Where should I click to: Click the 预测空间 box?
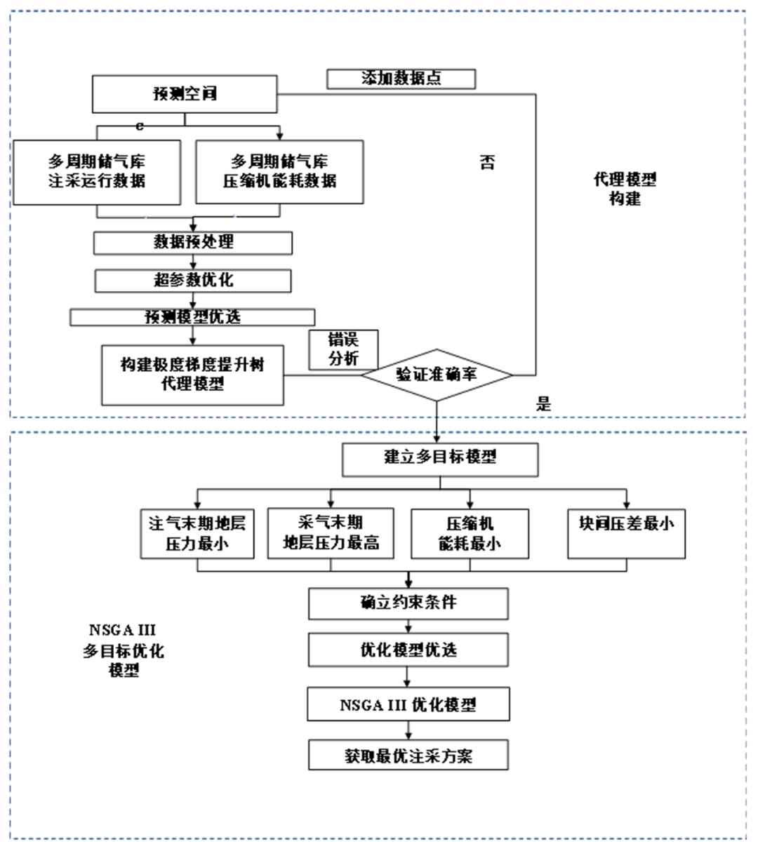click(x=185, y=94)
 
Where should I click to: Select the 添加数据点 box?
click(x=401, y=79)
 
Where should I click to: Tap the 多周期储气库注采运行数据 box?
click(x=97, y=172)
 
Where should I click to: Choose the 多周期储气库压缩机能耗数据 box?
click(x=279, y=172)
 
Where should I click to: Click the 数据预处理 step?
click(x=193, y=243)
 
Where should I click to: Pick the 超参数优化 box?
click(x=193, y=281)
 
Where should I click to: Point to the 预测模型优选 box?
click(x=192, y=317)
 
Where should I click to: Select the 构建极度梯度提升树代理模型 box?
click(x=192, y=375)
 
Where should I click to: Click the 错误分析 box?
click(x=343, y=349)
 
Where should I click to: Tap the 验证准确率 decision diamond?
click(x=437, y=375)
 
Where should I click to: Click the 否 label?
click(x=486, y=163)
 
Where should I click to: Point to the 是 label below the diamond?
click(x=544, y=404)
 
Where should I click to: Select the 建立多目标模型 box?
click(x=439, y=458)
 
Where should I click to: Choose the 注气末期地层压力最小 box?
click(x=197, y=534)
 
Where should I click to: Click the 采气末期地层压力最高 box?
click(x=331, y=533)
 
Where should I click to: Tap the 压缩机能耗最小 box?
click(x=470, y=534)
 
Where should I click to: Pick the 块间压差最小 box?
click(x=626, y=533)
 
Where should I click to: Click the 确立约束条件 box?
click(x=408, y=603)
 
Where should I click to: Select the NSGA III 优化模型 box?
click(x=408, y=705)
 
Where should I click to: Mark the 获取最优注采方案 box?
click(x=408, y=756)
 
